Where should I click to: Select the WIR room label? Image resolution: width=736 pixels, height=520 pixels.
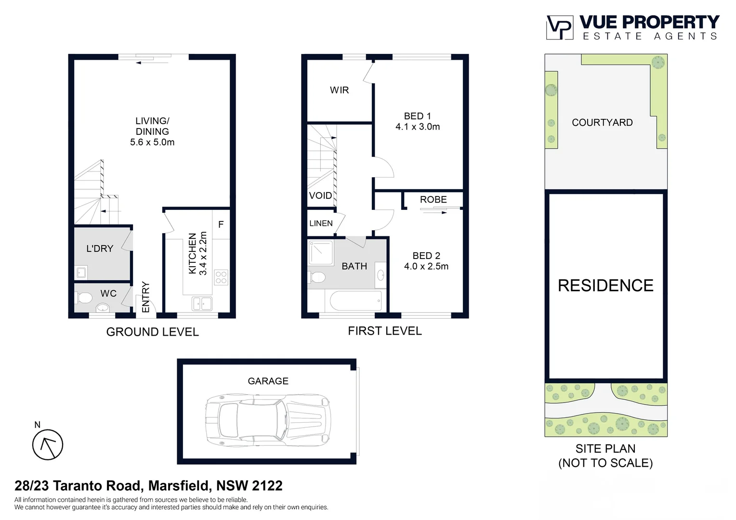(339, 90)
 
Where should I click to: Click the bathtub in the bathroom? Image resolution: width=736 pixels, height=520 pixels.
(356, 301)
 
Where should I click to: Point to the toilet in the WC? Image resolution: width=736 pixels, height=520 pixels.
(84, 298)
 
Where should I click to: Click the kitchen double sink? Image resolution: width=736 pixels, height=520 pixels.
(202, 303)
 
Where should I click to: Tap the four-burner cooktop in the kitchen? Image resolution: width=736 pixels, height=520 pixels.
(221, 278)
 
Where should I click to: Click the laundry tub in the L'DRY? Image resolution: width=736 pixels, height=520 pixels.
(81, 273)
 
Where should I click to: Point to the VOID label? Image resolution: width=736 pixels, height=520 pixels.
(320, 195)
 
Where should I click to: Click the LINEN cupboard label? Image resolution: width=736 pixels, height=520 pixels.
(321, 223)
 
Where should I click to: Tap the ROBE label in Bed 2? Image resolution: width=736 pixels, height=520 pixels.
(433, 199)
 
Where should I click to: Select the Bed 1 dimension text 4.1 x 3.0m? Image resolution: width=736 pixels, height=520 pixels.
(418, 127)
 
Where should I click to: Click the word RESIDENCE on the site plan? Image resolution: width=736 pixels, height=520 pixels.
(605, 286)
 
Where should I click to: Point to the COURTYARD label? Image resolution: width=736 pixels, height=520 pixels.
(602, 122)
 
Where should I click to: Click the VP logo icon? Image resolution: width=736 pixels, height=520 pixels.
(559, 27)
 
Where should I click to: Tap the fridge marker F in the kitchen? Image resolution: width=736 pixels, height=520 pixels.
(221, 224)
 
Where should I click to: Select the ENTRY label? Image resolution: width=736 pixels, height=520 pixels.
(146, 297)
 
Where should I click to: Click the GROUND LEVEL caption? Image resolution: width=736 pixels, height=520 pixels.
(152, 332)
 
